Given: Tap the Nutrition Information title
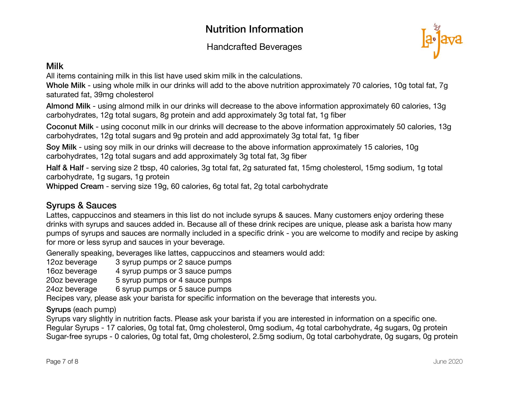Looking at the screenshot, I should pos(254,29).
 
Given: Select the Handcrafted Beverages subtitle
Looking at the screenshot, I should pos(254,47).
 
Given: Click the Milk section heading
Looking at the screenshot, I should pos(55,66).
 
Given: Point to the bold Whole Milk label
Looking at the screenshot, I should pos(66,86).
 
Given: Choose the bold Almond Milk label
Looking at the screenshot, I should pos(68,106).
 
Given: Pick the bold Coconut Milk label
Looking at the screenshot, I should pos(70,127).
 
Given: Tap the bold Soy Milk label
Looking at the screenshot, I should pos(61,147).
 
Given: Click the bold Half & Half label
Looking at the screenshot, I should pos(65,168).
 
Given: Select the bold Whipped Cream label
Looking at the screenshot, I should pos(75,186).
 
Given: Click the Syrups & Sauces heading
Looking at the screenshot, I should pos(81,206).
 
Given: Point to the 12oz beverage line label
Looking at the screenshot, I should pos(72,262).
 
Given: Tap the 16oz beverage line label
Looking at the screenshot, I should pos(72,271).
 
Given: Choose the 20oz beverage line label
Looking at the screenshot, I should pos(72,280).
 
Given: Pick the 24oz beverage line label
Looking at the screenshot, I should pos(72,289).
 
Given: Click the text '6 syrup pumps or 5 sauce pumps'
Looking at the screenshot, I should pos(173,289).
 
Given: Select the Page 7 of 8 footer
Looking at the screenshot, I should pos(62,362).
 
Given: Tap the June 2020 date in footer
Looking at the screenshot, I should pos(448,362).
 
